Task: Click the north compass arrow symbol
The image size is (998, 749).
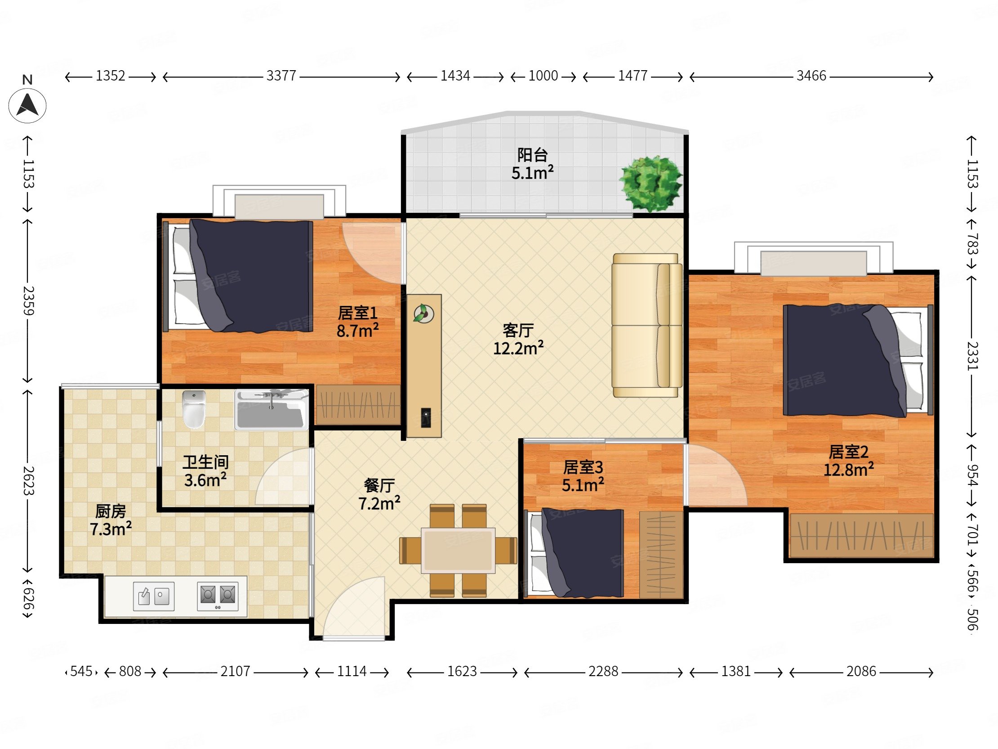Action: [27, 106]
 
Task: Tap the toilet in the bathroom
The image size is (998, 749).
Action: [194, 410]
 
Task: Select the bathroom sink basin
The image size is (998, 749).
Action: [271, 410]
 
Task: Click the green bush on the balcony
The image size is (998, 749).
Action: [650, 183]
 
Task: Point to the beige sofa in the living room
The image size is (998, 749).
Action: [646, 325]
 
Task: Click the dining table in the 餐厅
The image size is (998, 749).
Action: [458, 550]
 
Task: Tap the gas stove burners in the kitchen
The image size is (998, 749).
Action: [218, 596]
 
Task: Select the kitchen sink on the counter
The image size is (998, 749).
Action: [153, 596]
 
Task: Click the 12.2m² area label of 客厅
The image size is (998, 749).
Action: [518, 348]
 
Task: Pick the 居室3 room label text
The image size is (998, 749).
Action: [583, 467]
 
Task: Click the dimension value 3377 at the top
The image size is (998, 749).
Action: [281, 76]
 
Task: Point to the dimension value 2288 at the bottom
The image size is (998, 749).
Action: [603, 671]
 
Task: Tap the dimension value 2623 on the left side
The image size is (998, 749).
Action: [28, 481]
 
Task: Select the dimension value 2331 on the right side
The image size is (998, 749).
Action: [972, 356]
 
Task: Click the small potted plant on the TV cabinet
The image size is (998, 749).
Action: [423, 314]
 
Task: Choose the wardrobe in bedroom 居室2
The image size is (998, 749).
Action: [861, 535]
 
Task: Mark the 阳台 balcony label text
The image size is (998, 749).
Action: [532, 155]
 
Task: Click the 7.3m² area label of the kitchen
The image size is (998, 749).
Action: [111, 529]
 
